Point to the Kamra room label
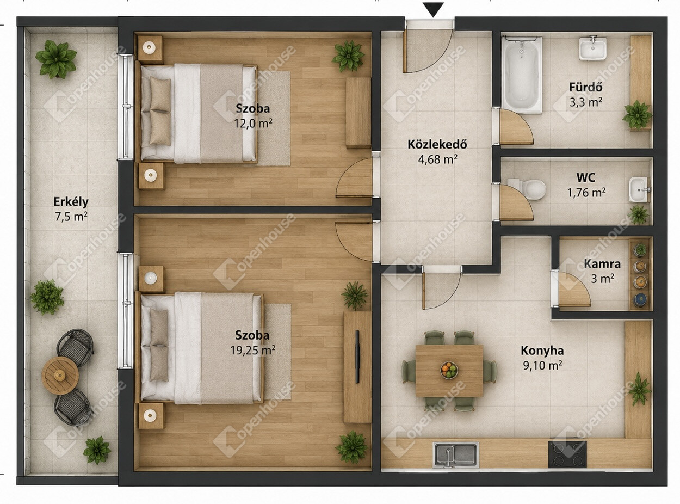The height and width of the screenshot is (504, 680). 602,264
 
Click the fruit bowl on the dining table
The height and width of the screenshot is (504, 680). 449,370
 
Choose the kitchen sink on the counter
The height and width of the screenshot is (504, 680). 455,454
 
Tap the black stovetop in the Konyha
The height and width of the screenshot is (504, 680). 567,454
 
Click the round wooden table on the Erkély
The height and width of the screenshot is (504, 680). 60,376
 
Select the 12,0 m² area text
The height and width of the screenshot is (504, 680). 254,124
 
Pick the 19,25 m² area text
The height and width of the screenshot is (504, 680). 252,350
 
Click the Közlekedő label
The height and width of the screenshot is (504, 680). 437,144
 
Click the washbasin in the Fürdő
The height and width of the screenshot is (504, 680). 592,48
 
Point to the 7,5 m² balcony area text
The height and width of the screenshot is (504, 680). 71,217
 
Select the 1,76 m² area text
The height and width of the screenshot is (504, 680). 586,192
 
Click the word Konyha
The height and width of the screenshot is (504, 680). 542,351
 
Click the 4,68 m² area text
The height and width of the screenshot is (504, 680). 438,159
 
